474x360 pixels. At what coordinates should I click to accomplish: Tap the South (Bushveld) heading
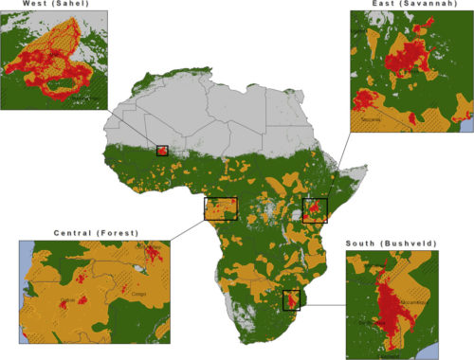pos(392,243)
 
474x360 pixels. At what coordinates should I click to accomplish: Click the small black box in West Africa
pos(162,151)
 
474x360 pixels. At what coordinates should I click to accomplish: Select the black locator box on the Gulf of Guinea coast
pos(221,208)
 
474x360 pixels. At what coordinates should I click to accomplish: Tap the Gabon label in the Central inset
pos(67,300)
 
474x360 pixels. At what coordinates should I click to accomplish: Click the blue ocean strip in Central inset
pos(24,303)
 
